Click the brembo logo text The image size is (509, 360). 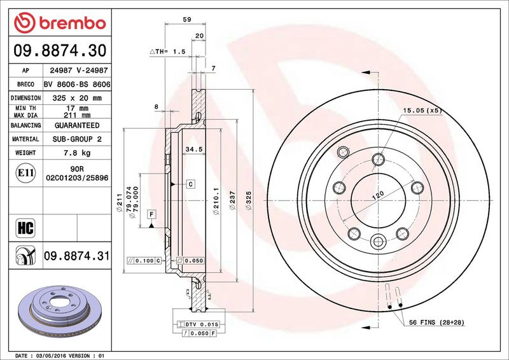tap(73, 24)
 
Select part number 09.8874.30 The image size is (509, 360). tap(60, 51)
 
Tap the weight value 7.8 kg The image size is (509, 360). tap(77, 153)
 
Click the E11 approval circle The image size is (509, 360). tap(25, 173)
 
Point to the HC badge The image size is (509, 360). tap(25, 228)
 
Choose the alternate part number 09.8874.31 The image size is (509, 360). tap(76, 256)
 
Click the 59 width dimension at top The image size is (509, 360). tap(187, 20)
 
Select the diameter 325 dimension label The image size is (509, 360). tap(249, 200)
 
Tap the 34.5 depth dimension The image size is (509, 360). tap(194, 149)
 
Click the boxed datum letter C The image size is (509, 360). tap(190, 184)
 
